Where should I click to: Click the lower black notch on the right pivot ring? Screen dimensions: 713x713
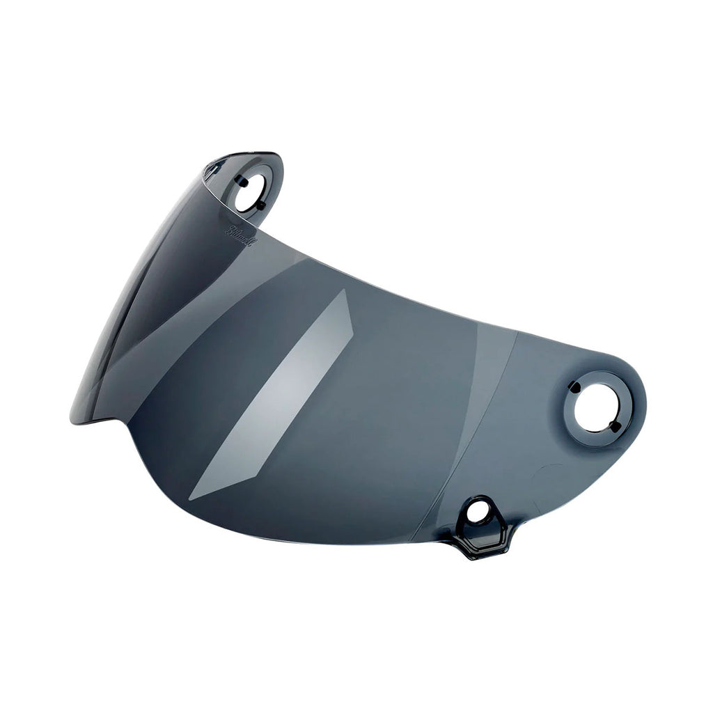coord(613,425)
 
